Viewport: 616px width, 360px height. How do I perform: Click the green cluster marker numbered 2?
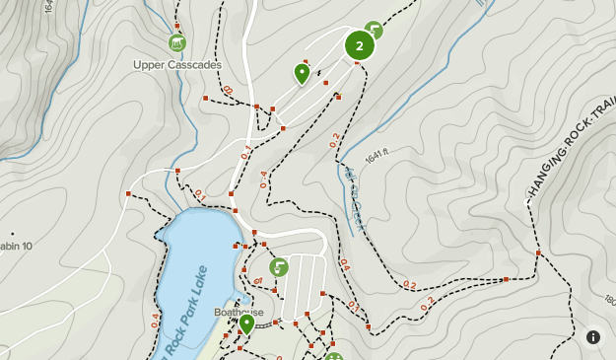[360, 45]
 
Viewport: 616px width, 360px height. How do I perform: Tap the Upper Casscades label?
[177, 65]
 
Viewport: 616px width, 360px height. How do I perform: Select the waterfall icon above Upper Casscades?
[176, 42]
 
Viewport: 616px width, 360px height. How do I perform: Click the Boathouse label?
[239, 312]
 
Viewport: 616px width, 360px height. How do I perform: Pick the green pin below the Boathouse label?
[246, 323]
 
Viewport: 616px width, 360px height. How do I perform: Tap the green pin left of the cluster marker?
[303, 72]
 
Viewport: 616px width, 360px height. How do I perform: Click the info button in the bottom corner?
[593, 336]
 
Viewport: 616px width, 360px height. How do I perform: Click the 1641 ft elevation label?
[377, 157]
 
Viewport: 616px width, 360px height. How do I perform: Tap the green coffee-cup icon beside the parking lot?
[279, 266]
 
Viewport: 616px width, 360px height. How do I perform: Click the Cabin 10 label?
[15, 245]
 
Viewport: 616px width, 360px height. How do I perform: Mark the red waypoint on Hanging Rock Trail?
[538, 253]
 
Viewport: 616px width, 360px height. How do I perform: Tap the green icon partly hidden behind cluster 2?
[374, 30]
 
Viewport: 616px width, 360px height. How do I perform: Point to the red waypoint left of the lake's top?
[128, 193]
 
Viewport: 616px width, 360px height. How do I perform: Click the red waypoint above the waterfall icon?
[177, 26]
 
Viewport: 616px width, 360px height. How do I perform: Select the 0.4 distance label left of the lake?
[156, 321]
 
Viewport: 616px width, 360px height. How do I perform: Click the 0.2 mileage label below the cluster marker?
[334, 139]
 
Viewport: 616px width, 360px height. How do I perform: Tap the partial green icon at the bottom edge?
[333, 356]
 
